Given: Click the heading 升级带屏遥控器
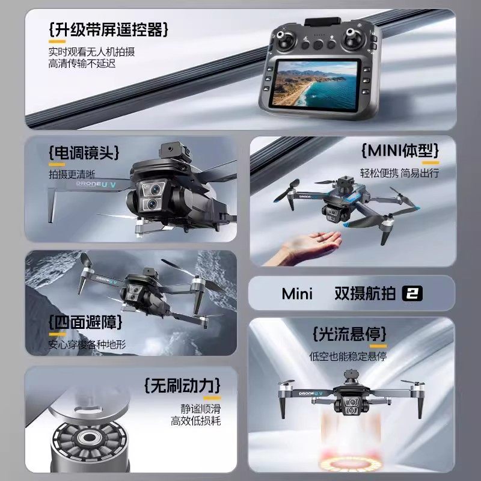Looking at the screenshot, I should (108, 28).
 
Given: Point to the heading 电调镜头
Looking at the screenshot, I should (84, 153).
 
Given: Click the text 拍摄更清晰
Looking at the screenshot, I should (72, 174).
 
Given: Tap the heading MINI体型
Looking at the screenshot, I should (400, 150).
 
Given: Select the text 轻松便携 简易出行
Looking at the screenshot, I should (399, 173).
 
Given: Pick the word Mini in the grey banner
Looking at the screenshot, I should (298, 293).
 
